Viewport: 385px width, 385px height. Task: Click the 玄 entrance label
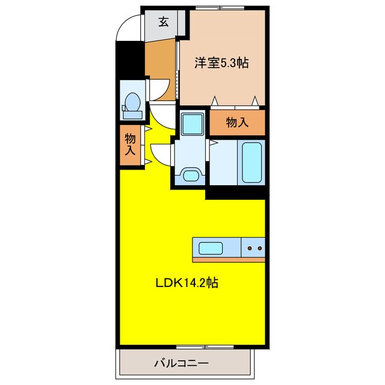pos(163,23)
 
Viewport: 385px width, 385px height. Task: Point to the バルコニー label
pos(180,364)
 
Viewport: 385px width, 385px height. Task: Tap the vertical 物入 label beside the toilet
pos(129,145)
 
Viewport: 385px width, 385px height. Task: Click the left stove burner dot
pos(250,248)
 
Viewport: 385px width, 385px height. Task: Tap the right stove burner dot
pos(260,248)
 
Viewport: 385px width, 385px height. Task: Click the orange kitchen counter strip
pos(229,259)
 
